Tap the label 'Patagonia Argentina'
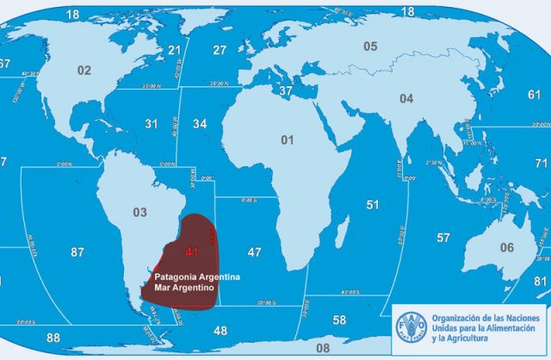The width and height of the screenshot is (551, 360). (x=196, y=276)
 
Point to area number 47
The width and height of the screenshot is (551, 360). (x=254, y=252)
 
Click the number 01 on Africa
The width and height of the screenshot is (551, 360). (x=287, y=139)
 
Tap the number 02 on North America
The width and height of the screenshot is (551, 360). (x=84, y=70)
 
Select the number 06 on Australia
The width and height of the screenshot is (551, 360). (x=507, y=248)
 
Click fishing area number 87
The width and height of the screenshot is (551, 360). (x=77, y=252)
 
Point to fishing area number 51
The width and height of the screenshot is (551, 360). (x=373, y=205)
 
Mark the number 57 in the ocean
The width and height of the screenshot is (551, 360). (x=443, y=238)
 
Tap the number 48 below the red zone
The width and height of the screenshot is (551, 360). (x=220, y=331)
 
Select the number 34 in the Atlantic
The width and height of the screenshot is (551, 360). (x=200, y=125)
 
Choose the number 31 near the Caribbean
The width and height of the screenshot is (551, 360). (x=152, y=125)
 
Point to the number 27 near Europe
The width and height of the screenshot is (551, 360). (x=220, y=50)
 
